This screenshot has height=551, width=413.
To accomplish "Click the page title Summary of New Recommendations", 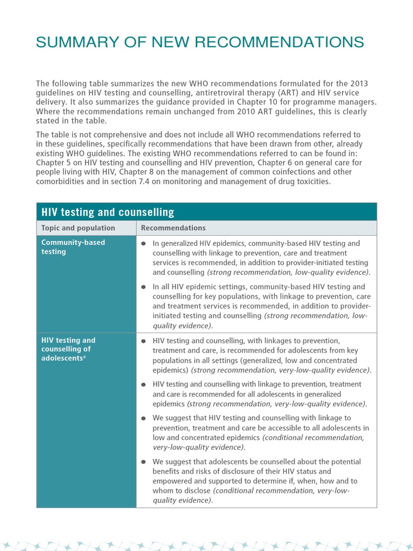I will click(200, 42).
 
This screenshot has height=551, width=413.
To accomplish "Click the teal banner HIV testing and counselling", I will click(108, 212).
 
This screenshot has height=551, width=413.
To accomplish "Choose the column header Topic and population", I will click(78, 228).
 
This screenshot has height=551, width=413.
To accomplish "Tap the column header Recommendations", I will click(173, 228).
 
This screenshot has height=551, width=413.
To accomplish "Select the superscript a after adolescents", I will click(84, 357).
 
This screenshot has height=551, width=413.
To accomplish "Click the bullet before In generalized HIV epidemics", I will click(144, 244).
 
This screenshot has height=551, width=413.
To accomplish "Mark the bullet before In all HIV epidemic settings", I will click(144, 287).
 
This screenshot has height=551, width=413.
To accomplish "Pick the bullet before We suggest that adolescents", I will click(144, 462).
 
